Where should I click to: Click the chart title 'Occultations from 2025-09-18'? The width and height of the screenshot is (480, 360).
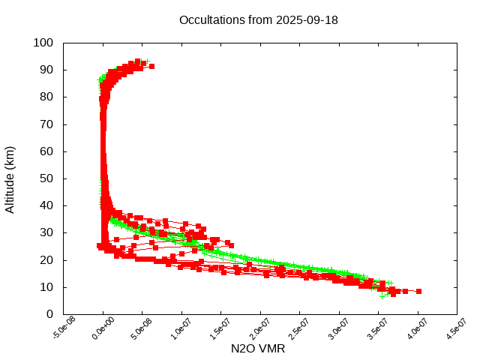(x=258, y=20)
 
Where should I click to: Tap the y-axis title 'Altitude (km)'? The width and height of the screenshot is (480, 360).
(x=10, y=178)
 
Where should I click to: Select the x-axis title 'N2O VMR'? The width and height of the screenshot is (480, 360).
(x=258, y=349)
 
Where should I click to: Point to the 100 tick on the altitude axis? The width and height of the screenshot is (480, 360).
(x=43, y=43)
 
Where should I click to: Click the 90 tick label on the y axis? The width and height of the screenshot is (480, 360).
(x=46, y=70)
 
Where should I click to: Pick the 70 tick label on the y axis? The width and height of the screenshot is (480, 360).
(x=46, y=124)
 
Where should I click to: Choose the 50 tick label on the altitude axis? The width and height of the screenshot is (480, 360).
(x=46, y=178)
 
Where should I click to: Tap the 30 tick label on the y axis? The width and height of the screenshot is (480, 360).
(x=46, y=232)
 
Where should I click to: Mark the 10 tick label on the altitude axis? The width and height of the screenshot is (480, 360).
(x=46, y=287)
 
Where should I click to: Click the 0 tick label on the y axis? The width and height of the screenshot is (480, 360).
(x=49, y=314)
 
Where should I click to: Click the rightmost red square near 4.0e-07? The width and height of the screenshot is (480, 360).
(x=418, y=291)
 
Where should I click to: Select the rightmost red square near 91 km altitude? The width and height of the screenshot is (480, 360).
(x=151, y=67)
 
